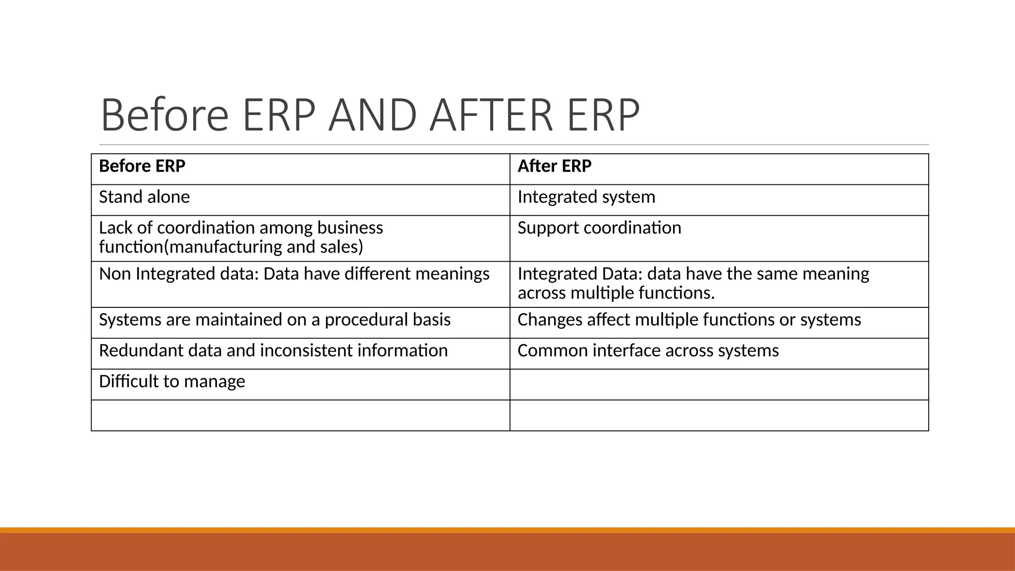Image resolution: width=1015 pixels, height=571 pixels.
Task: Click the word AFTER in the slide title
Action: (x=491, y=115)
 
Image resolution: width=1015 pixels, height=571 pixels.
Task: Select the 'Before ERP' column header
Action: (x=142, y=166)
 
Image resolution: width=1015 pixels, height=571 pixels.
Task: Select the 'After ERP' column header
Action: (x=554, y=166)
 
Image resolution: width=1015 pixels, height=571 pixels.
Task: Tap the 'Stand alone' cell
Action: (x=144, y=197)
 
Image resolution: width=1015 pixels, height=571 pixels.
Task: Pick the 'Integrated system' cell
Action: (x=586, y=197)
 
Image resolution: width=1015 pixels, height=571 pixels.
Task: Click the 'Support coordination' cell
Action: (x=599, y=228)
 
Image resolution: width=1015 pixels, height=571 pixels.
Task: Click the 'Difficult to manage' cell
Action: (x=172, y=382)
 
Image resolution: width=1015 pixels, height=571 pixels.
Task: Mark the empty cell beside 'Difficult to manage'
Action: (x=719, y=385)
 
